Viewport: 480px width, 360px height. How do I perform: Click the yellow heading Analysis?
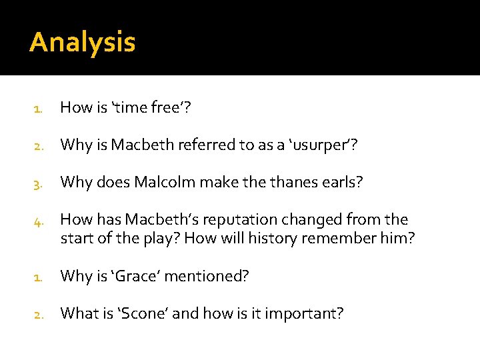[83, 43]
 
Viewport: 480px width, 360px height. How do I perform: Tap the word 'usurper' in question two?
[317, 145]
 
